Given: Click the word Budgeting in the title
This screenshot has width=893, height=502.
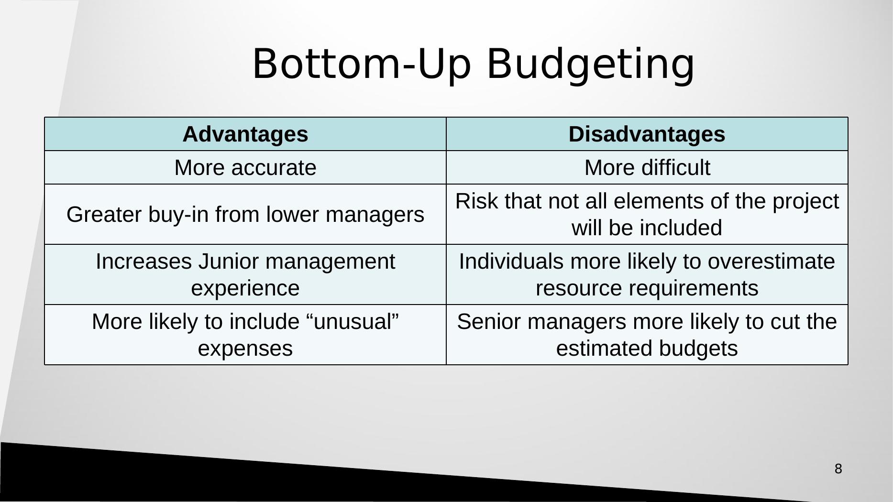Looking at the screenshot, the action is click(590, 65).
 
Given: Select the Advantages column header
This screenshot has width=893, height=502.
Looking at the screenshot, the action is click(245, 134).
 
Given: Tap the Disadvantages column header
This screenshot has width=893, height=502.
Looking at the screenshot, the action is click(647, 134).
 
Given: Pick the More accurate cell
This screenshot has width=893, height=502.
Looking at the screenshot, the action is click(245, 168).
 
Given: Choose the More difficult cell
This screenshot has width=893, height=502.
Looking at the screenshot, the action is click(647, 168).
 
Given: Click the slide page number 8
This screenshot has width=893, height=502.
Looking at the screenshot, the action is click(838, 469).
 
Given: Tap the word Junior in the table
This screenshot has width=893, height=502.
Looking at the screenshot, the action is click(229, 262).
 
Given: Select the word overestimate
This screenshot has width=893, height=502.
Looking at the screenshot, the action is click(771, 262).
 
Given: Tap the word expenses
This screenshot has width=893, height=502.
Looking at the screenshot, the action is click(245, 349).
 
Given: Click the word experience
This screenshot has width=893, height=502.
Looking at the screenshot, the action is click(245, 288).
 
